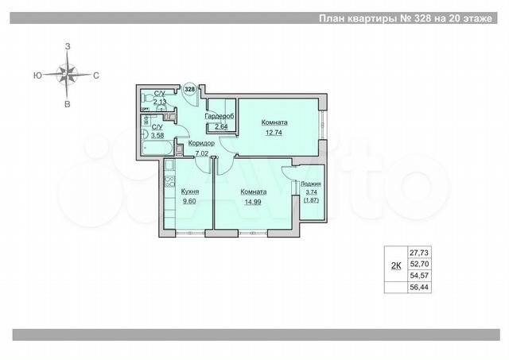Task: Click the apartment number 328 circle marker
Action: pos(189,90)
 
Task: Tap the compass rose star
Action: pos(68,75)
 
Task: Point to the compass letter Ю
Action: pos(38,75)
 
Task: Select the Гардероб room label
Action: pos(218,117)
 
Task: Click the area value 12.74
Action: pos(274,133)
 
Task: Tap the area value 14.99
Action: pos(254,202)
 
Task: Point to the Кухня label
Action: pos(189,192)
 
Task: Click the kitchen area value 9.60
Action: pos(189,202)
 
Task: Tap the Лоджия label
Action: pos(311,183)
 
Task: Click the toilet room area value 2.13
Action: pos(160,101)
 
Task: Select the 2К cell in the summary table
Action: pos(395,267)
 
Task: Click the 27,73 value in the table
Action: pos(419,252)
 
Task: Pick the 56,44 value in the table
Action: pos(419,288)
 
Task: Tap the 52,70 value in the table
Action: pos(419,264)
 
